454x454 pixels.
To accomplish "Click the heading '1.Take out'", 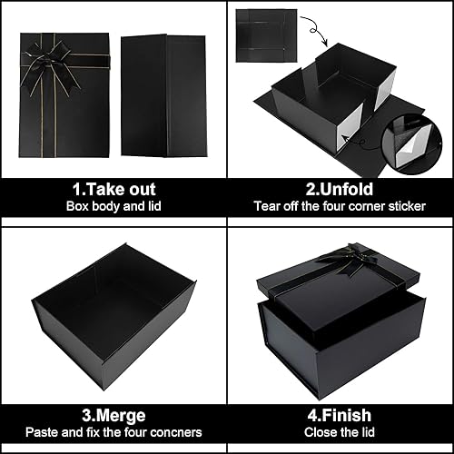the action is pyautogui.click(x=113, y=190).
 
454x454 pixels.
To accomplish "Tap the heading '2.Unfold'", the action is pyautogui.click(x=340, y=190).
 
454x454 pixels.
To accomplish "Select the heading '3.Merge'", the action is pyautogui.click(x=113, y=416).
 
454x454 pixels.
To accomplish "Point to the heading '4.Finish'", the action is pyautogui.click(x=340, y=415).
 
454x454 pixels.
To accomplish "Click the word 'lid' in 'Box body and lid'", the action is pyautogui.click(x=154, y=206).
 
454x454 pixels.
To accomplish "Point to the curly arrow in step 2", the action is pyautogui.click(x=315, y=30).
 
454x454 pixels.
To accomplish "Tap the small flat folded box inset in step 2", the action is pyautogui.click(x=266, y=35).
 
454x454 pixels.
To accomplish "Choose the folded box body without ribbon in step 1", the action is pyautogui.click(x=164, y=95).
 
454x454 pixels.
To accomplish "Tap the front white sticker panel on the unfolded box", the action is pyautogui.click(x=351, y=127).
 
